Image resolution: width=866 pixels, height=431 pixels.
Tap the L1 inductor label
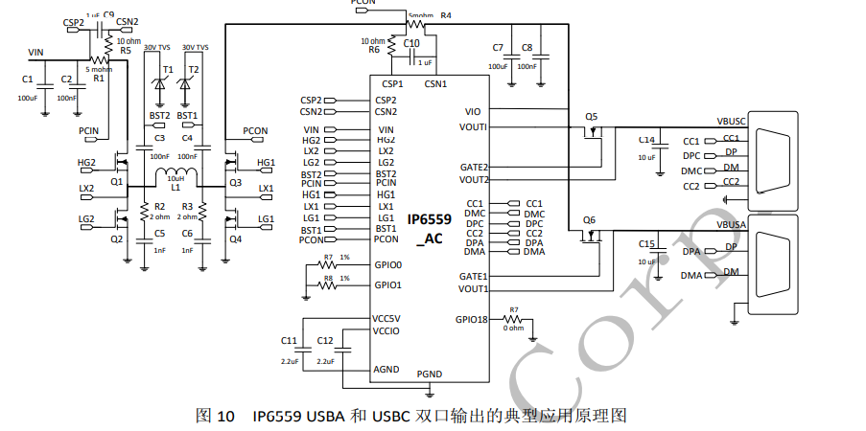tap(176, 188)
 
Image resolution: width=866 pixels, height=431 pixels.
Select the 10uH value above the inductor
tap(176, 178)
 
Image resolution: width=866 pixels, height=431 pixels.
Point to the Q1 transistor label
tap(116, 181)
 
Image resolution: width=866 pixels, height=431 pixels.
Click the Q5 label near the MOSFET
tap(591, 117)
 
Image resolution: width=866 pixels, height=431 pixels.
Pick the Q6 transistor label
tap(590, 220)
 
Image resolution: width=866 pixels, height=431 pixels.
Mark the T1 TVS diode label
tap(168, 70)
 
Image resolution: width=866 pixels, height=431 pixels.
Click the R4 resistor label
tap(446, 16)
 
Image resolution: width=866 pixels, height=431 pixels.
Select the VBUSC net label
tap(733, 122)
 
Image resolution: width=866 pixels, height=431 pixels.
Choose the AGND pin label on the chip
tap(386, 370)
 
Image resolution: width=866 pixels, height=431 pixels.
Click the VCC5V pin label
tap(388, 319)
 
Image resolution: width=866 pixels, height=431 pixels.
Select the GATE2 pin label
tap(474, 168)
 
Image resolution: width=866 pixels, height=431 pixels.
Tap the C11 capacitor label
tap(289, 341)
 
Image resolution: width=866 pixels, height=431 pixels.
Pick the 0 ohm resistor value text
tap(514, 329)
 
